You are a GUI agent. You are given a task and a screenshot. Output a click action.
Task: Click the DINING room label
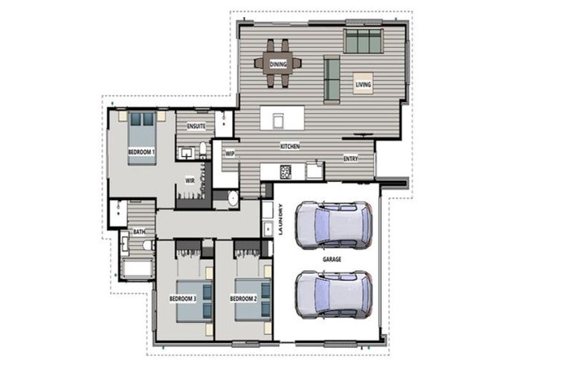pyautogui.click(x=278, y=64)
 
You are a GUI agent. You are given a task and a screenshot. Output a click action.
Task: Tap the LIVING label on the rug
pyautogui.click(x=363, y=85)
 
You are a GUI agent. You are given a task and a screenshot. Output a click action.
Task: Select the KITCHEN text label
pyautogui.click(x=290, y=146)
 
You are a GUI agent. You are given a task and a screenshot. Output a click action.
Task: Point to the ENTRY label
pyautogui.click(x=351, y=159)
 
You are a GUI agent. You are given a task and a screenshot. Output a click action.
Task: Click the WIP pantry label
pyautogui.click(x=230, y=154)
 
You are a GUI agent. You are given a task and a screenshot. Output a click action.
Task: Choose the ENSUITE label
pyautogui.click(x=196, y=127)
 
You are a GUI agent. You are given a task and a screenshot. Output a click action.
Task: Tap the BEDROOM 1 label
pyautogui.click(x=141, y=152)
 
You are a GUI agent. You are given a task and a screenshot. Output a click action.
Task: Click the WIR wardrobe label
pyautogui.click(x=190, y=181)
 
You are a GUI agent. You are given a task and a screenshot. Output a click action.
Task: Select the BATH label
pyautogui.click(x=139, y=231)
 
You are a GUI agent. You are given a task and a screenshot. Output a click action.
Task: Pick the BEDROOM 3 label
pyautogui.click(x=183, y=299)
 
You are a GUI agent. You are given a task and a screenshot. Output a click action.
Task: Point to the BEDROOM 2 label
pyautogui.click(x=243, y=299)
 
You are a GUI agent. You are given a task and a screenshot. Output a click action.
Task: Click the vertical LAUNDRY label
pyautogui.click(x=280, y=219)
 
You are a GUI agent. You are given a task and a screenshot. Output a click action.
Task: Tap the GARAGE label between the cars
pyautogui.click(x=332, y=259)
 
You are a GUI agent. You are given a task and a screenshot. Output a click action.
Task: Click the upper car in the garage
pyautogui.click(x=334, y=225)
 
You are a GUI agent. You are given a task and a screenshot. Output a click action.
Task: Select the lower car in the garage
pyautogui.click(x=334, y=295)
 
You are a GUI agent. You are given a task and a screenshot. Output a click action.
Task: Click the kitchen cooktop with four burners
pyautogui.click(x=285, y=172)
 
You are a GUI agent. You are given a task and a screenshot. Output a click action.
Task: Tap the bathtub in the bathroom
pyautogui.click(x=138, y=269)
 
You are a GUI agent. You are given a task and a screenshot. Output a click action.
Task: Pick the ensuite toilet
pyautogui.click(x=203, y=150)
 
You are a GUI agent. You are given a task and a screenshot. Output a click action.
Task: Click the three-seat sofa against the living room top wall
pyautogui.click(x=363, y=41)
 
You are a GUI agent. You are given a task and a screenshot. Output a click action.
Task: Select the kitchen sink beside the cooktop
pyautogui.click(x=314, y=170)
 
